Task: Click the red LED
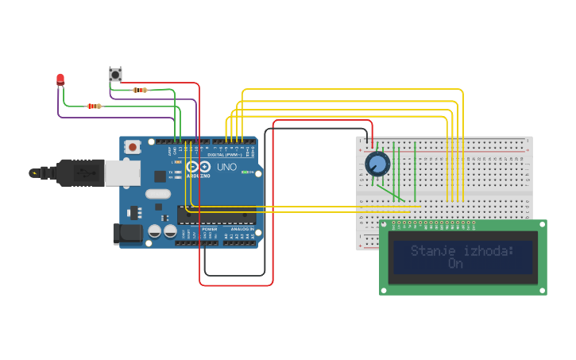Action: coord(60,78)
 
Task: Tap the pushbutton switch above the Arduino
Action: coord(115,75)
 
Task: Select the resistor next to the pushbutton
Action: coord(141,90)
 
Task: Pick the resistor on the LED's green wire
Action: coord(95,106)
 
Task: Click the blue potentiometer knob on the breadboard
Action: coord(377,164)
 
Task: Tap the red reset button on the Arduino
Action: coord(132,146)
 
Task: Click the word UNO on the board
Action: coord(226,168)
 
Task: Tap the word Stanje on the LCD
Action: coord(430,251)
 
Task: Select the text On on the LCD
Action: coord(455,263)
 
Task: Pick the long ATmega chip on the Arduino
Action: coord(216,215)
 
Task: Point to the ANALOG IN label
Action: coord(242,229)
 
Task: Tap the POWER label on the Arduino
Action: coord(209,229)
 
